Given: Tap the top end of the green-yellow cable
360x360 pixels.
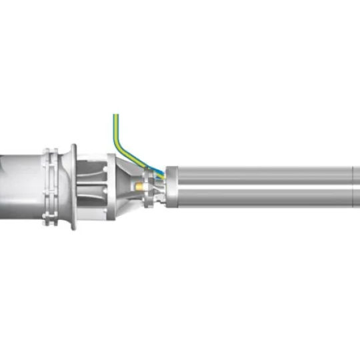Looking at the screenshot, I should pyautogui.click(x=116, y=117).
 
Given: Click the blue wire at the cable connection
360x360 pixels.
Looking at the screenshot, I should pyautogui.click(x=159, y=173).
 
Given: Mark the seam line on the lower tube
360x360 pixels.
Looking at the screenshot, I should pyautogui.click(x=351, y=199).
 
